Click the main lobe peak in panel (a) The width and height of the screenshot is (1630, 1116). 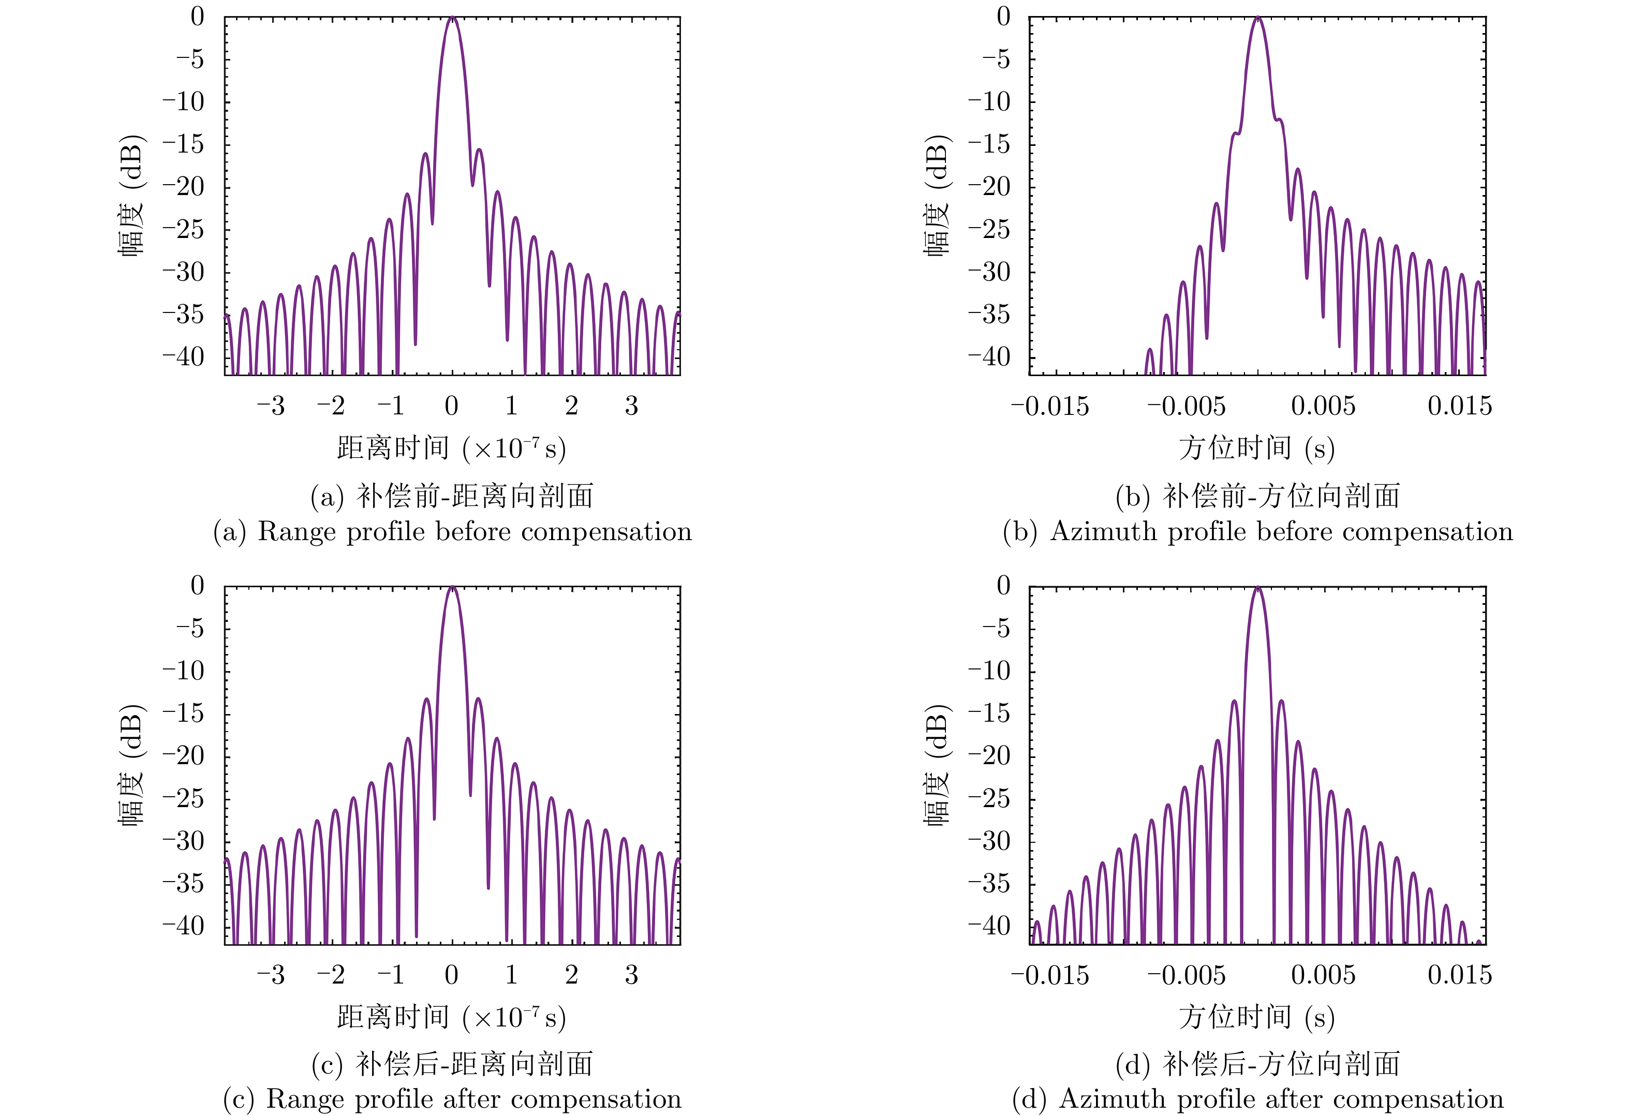452,18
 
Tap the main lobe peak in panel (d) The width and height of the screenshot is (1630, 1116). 1257,587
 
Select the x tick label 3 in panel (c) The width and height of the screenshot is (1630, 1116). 631,975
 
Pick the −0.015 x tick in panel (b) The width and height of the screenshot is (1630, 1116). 1050,406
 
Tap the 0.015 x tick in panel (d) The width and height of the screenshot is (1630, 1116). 1460,975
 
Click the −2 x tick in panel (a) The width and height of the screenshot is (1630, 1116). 331,406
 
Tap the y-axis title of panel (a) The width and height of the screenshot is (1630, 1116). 131,197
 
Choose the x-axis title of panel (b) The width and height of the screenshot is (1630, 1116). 1256,448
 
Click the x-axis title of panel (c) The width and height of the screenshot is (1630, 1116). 451,1017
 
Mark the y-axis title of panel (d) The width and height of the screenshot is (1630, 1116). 937,765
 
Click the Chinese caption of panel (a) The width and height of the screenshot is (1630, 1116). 452,496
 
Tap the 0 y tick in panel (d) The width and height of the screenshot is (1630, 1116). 1004,586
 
